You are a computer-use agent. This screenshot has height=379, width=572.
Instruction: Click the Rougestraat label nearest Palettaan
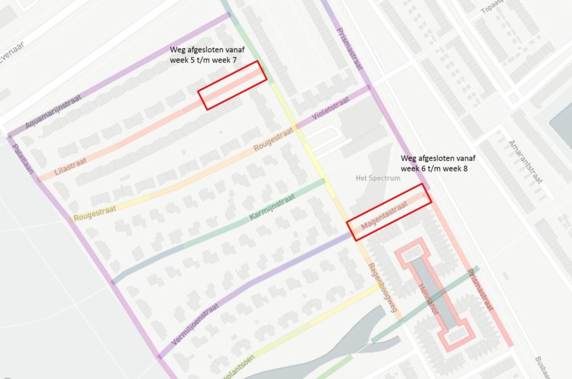[96, 212]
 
